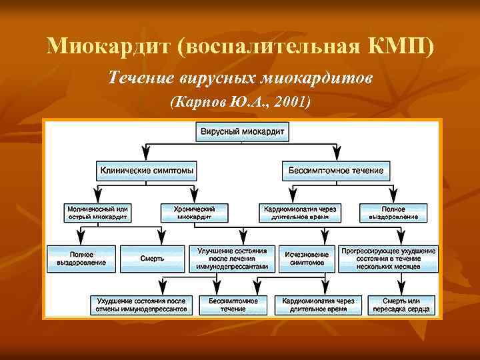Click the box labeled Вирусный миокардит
click(x=243, y=132)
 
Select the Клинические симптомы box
click(x=147, y=171)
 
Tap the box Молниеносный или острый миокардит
click(x=98, y=213)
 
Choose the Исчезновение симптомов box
click(x=307, y=259)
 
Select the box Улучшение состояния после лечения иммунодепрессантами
click(x=232, y=259)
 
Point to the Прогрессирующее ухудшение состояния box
click(x=388, y=259)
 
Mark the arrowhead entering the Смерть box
click(x=161, y=240)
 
